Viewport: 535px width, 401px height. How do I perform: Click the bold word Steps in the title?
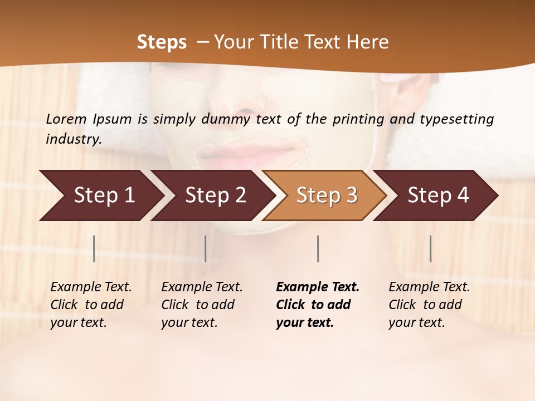[x=162, y=42]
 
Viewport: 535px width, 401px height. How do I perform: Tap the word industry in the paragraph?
[x=74, y=139]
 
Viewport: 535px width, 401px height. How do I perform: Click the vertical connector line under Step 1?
[x=94, y=248]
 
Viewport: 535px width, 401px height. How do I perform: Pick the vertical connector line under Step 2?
[x=206, y=248]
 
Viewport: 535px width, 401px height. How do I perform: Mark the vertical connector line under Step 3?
[x=318, y=248]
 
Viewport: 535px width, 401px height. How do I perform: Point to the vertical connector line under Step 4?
[x=430, y=248]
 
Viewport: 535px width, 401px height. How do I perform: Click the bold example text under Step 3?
[x=317, y=305]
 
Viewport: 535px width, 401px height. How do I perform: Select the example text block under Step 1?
[x=91, y=305]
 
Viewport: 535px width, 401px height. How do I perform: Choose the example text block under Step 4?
[x=429, y=305]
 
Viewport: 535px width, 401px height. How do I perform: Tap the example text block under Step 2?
[x=202, y=305]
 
